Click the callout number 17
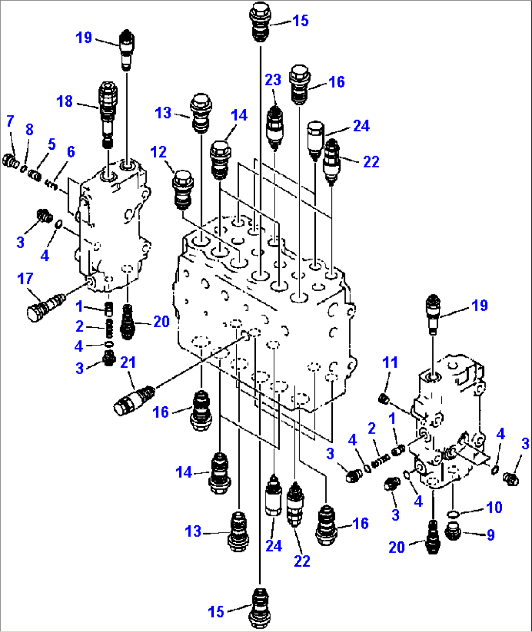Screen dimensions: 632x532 25,278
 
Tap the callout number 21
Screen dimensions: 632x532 128,362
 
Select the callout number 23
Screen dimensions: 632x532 273,79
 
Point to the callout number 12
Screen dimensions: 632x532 159,152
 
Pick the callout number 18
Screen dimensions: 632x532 65,101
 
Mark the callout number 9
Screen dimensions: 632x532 490,535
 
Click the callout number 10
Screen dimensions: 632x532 494,507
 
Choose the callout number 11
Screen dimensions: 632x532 390,362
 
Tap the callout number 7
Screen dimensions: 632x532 10,121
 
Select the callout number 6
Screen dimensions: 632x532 71,152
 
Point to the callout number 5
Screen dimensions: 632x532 52,144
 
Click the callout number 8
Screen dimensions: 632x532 29,130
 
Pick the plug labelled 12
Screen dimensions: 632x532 183,189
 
